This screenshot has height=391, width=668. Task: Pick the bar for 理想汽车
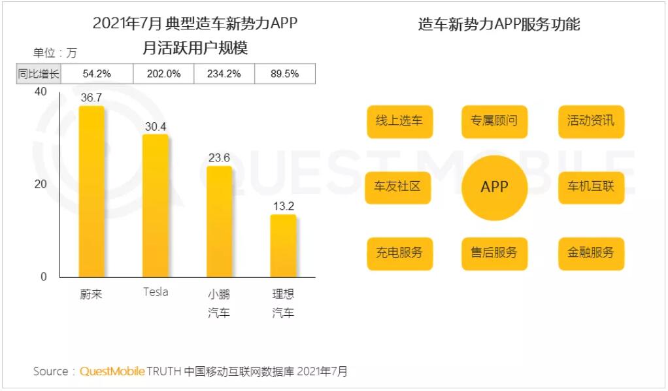pos(283,245)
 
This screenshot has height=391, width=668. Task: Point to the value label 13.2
pos(283,207)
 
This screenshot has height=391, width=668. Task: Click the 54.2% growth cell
pos(97,74)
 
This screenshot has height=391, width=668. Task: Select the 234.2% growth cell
pos(224,74)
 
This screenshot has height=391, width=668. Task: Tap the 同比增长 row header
pos(38,74)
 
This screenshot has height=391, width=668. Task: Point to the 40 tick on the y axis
pos(41,92)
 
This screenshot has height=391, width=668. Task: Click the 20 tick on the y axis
pos(41,184)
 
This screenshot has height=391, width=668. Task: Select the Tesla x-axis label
pos(156,292)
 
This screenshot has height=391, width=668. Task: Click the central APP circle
pos(494,187)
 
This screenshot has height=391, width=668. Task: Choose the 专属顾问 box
pos(494,121)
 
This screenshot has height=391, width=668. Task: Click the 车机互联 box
pos(591,187)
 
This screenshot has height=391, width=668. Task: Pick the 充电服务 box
pos(399,253)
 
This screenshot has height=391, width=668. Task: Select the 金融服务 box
pos(591,253)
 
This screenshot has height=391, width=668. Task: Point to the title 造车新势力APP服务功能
pos(499,25)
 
